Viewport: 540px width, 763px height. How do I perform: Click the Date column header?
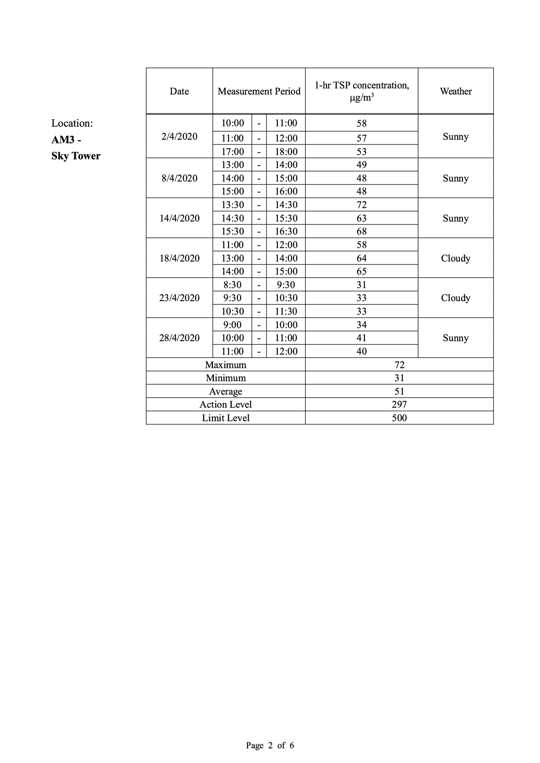coord(179,91)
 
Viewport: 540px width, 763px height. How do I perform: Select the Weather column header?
coord(456,91)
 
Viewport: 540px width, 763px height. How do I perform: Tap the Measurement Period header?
coord(259,91)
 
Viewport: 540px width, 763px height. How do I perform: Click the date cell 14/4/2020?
coord(179,218)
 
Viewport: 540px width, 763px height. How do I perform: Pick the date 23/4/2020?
coord(179,298)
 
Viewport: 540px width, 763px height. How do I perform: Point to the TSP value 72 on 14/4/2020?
coord(361,205)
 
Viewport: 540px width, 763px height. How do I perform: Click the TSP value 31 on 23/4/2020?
coord(361,285)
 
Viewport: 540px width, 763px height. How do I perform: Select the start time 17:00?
coord(233,152)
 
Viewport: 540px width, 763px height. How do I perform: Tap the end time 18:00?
coord(286,152)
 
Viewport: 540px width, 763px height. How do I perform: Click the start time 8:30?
coord(233,285)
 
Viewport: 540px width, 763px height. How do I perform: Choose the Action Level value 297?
coord(399,405)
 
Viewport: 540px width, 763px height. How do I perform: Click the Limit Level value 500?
coord(399,418)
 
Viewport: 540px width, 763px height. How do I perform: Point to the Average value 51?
coord(399,392)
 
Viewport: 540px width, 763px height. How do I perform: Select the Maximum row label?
coord(226,365)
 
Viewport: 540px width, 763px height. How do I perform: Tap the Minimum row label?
coord(226,378)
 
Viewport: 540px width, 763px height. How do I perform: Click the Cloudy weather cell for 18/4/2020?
coord(456,258)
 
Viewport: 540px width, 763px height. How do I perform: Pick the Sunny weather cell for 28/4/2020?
coord(456,338)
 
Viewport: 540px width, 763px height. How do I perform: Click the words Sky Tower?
coord(76,156)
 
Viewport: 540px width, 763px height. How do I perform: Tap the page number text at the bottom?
coord(270,745)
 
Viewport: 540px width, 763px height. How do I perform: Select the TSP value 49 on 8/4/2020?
coord(361,165)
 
